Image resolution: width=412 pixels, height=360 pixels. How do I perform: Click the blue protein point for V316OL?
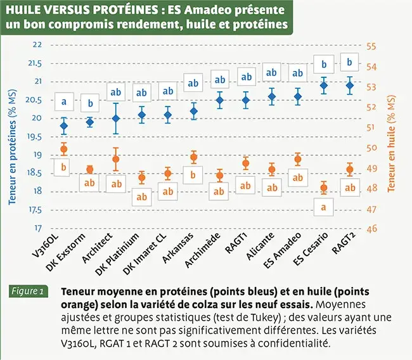pyautogui.click(x=63, y=125)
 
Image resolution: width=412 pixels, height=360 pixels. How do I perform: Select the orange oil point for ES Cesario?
pyautogui.click(x=323, y=188)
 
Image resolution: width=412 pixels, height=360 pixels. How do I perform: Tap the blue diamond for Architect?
pyautogui.click(x=115, y=119)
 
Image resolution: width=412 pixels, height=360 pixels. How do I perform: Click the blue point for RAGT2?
pyautogui.click(x=349, y=86)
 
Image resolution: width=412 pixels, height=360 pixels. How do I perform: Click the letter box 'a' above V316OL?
pyautogui.click(x=63, y=100)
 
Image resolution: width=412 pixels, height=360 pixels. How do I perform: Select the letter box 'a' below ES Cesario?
pyautogui.click(x=323, y=207)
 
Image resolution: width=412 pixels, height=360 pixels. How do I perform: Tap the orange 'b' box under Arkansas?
pyautogui.click(x=193, y=174)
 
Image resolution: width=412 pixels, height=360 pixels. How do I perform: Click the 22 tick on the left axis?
pyautogui.click(x=37, y=44)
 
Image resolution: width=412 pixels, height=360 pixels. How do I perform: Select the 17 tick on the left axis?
pyautogui.click(x=37, y=228)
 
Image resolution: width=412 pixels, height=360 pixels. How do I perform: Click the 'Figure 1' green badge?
pyautogui.click(x=28, y=292)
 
